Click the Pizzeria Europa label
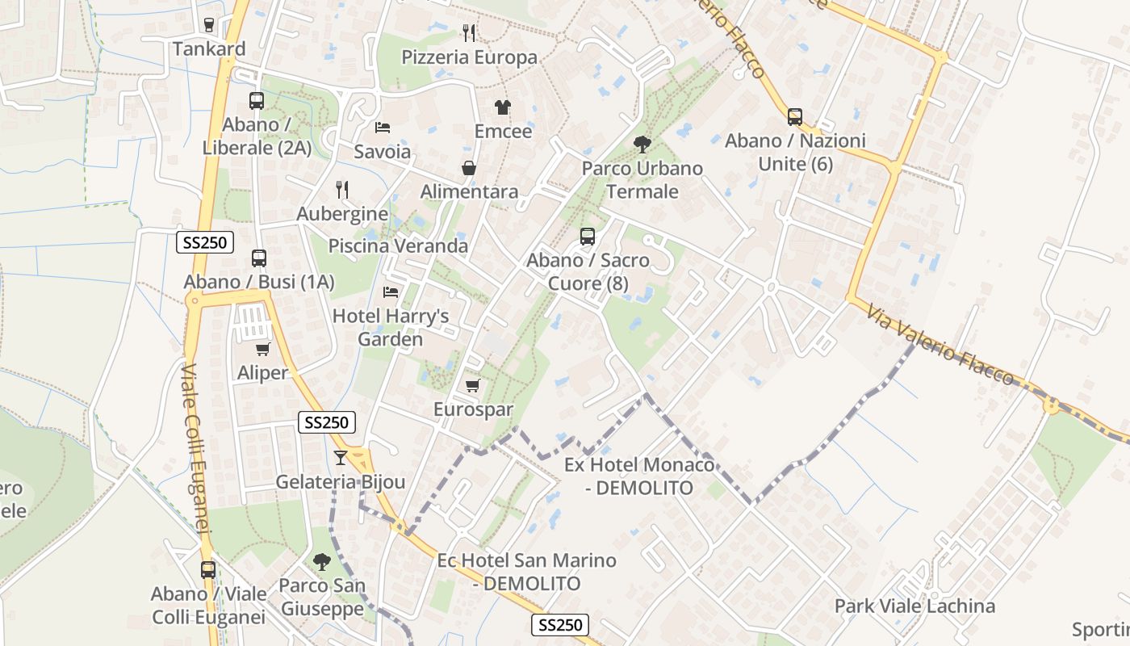469,57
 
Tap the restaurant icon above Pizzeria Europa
469,33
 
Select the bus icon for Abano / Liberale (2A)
257,101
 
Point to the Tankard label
209,49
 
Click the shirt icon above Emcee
503,107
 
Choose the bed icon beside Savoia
383,128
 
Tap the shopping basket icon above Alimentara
469,168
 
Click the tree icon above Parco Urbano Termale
642,145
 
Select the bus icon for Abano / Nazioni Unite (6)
795,117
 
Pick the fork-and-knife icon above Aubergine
342,190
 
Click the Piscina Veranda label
398,245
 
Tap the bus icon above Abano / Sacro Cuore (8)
588,237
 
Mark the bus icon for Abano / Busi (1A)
259,258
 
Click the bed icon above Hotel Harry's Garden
391,292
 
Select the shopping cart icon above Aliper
262,349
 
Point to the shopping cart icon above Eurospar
473,385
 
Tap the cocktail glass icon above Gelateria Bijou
341,458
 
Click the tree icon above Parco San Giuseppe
322,561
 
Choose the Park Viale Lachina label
914,606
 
